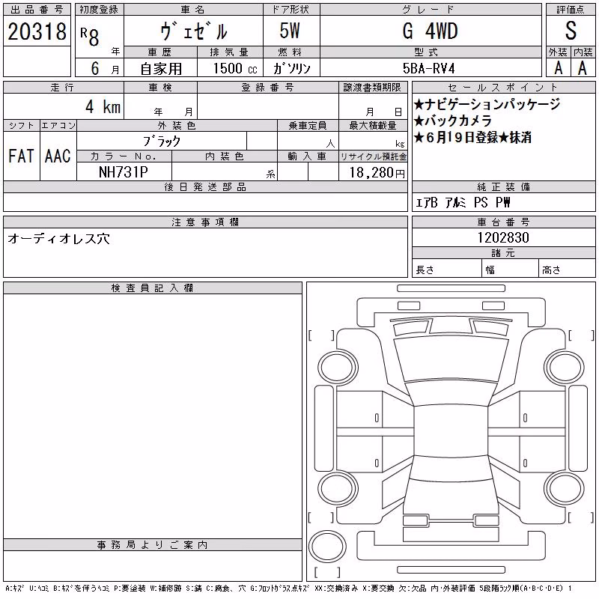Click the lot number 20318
pyautogui.click(x=37, y=31)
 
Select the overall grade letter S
pyautogui.click(x=571, y=31)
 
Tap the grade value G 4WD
pyautogui.click(x=430, y=31)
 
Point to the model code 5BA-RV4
pyautogui.click(x=428, y=68)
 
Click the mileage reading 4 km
pyautogui.click(x=103, y=106)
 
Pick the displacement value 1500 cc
pyautogui.click(x=235, y=68)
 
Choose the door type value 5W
pyautogui.click(x=290, y=31)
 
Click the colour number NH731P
pyautogui.click(x=124, y=172)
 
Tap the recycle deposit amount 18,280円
pyautogui.click(x=377, y=173)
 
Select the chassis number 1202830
pyautogui.click(x=503, y=237)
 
